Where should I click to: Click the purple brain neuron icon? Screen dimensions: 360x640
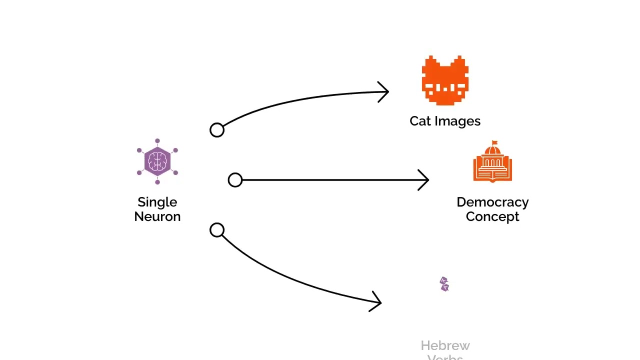pyautogui.click(x=157, y=161)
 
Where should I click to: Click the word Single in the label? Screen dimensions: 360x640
pyautogui.click(x=157, y=202)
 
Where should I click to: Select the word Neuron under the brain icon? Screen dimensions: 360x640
pyautogui.click(x=157, y=216)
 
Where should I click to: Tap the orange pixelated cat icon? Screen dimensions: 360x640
pyautogui.click(x=445, y=81)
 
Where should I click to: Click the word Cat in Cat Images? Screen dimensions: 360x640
pyautogui.click(x=420, y=121)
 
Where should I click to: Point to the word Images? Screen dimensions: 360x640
pyautogui.click(x=457, y=121)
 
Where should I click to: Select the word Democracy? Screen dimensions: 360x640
pyautogui.click(x=492, y=202)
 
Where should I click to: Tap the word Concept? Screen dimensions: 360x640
pyautogui.click(x=492, y=216)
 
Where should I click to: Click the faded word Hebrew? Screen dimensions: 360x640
pyautogui.click(x=445, y=345)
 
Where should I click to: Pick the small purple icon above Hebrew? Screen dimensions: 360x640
pyautogui.click(x=444, y=284)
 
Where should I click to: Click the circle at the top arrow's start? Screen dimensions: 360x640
pyautogui.click(x=217, y=130)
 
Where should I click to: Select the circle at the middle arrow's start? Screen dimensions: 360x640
pyautogui.click(x=235, y=180)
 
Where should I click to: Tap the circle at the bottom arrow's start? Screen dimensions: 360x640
pyautogui.click(x=217, y=230)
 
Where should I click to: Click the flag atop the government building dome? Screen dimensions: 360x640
pyautogui.click(x=495, y=142)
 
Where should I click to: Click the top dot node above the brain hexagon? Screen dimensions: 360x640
pyautogui.click(x=157, y=141)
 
